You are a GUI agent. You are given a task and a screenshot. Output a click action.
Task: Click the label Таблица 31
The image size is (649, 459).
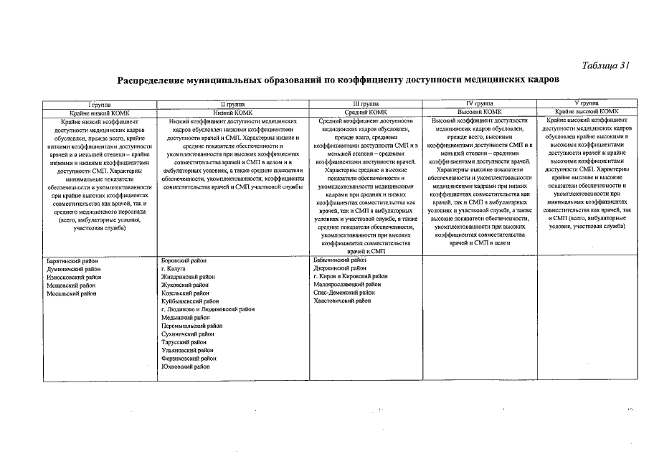(x=605, y=65)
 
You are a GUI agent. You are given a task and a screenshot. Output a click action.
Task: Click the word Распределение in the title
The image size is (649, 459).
(x=153, y=80)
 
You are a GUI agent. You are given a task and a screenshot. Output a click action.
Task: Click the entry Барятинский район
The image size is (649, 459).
(x=67, y=261)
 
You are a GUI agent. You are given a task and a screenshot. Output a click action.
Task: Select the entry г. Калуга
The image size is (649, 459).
(x=174, y=269)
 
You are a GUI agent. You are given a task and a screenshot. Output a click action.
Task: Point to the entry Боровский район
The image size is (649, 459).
(x=184, y=261)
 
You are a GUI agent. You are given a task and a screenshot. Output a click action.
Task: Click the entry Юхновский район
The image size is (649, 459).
(x=186, y=366)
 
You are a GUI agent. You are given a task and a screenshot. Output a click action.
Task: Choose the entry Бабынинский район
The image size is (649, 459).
(x=341, y=260)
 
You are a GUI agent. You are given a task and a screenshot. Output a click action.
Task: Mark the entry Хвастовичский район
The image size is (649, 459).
(x=343, y=301)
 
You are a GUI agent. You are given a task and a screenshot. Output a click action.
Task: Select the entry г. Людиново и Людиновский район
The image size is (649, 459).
(x=208, y=310)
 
